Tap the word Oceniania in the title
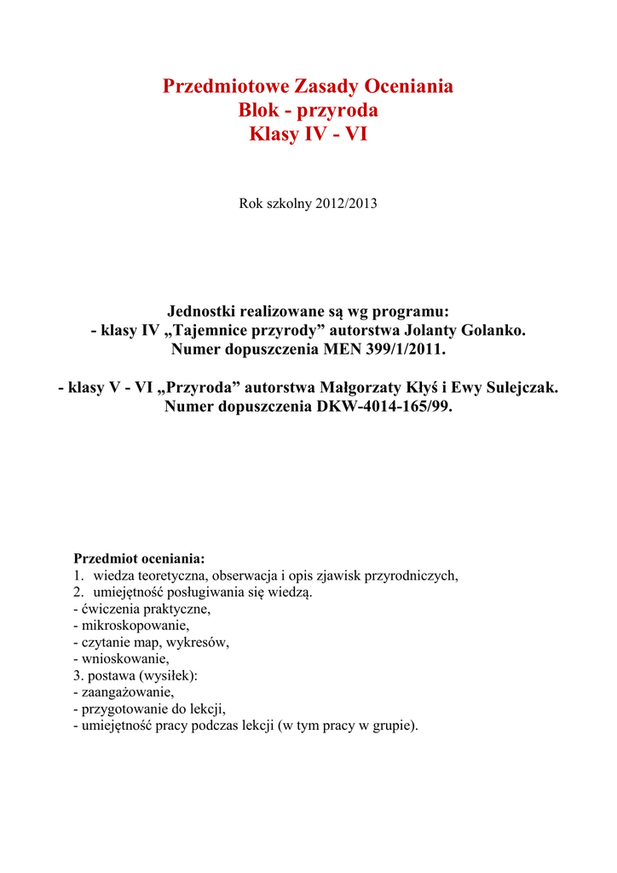(x=408, y=86)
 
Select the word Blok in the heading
(x=260, y=110)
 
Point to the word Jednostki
(x=209, y=310)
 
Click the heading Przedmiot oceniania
(x=140, y=559)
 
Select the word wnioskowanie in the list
(x=124, y=659)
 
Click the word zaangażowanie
(x=127, y=692)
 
